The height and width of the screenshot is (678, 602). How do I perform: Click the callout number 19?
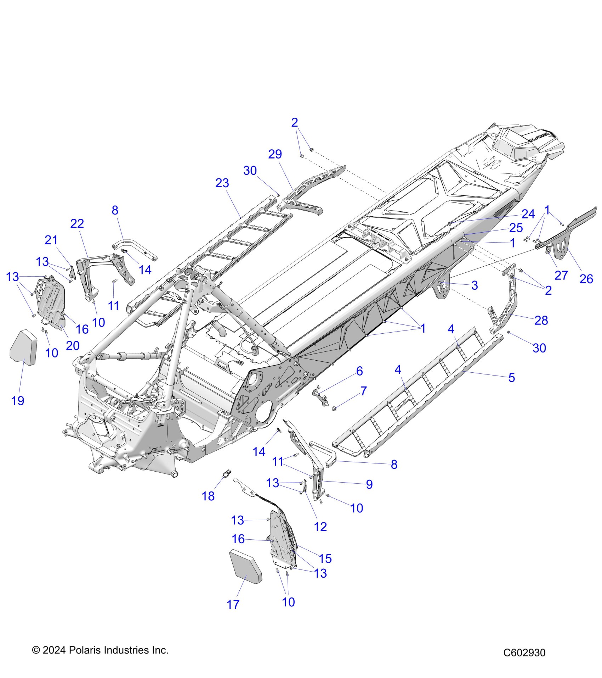18,401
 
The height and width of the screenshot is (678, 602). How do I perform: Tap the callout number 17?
233,605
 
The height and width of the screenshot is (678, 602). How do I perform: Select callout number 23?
222,183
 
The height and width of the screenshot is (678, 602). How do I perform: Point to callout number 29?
275,154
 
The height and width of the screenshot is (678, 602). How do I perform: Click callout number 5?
511,378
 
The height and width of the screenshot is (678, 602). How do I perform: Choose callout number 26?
586,279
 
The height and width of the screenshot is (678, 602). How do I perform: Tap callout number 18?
208,496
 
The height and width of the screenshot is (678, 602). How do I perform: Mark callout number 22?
77,223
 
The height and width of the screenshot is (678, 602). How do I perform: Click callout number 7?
363,391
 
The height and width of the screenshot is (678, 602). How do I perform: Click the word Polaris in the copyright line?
84,650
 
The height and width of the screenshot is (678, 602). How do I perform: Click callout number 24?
528,214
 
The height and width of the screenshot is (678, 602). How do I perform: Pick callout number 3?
475,285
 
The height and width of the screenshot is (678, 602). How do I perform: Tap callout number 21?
51,240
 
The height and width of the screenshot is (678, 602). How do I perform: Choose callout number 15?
325,558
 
